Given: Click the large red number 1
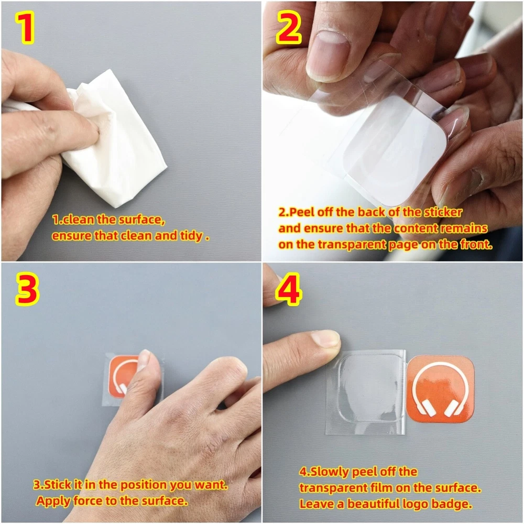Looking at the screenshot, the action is pyautogui.click(x=26, y=29).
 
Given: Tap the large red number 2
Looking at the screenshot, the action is pyautogui.click(x=289, y=28).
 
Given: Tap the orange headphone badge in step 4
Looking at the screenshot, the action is pyautogui.click(x=441, y=389).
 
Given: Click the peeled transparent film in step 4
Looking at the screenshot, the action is pyautogui.click(x=366, y=392).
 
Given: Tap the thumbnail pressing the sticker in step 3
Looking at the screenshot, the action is pyautogui.click(x=144, y=359).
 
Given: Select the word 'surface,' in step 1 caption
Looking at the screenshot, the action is pyautogui.click(x=142, y=220).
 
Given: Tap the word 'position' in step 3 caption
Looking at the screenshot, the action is pyautogui.click(x=144, y=485).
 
